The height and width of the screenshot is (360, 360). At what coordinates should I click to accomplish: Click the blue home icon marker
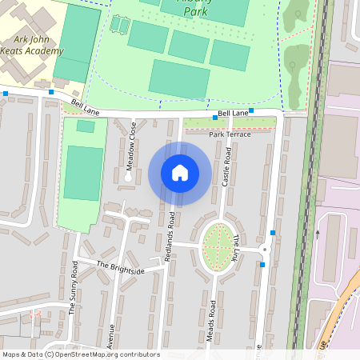tap(180, 173)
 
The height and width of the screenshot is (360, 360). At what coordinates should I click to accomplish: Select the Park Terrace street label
tap(230, 134)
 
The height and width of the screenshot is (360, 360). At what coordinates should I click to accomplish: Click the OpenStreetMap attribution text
tap(81, 354)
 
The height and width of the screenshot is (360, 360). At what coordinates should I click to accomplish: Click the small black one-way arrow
tap(318, 234)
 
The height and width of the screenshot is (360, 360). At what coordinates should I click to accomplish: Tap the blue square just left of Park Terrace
tap(214, 118)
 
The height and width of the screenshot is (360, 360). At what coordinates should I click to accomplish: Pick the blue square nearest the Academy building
tap(51, 92)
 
